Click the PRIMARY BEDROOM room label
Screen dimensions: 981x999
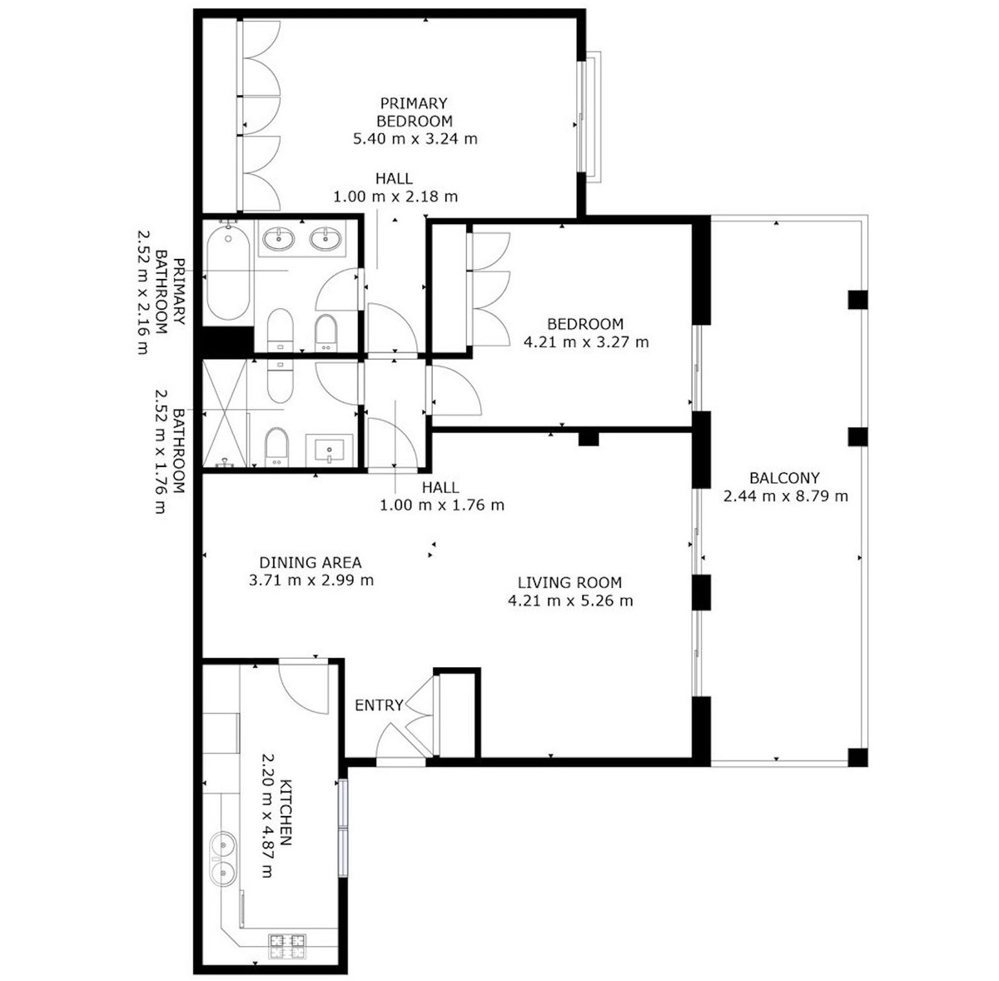pyautogui.click(x=414, y=112)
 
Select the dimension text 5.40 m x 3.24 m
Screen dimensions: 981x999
pyautogui.click(x=415, y=139)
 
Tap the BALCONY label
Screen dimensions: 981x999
pyautogui.click(x=784, y=478)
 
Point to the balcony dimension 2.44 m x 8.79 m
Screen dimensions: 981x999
pyautogui.click(x=785, y=496)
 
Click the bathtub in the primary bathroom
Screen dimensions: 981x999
pyautogui.click(x=227, y=272)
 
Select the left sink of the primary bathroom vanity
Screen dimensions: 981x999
pyautogui.click(x=278, y=240)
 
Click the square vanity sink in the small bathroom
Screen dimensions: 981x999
pyautogui.click(x=330, y=449)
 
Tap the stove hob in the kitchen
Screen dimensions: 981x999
pyautogui.click(x=287, y=944)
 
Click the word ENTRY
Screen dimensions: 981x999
pyautogui.click(x=379, y=705)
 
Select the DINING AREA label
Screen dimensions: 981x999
pyautogui.click(x=311, y=562)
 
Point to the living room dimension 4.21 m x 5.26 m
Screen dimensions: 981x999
pyautogui.click(x=569, y=600)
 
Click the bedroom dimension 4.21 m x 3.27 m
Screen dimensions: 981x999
pyautogui.click(x=586, y=341)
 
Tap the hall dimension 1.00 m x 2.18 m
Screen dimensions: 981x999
pyautogui.click(x=395, y=197)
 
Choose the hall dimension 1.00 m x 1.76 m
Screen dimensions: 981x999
pyautogui.click(x=441, y=505)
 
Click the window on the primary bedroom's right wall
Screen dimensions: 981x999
pyautogui.click(x=590, y=116)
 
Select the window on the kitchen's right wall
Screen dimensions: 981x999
pyautogui.click(x=343, y=828)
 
